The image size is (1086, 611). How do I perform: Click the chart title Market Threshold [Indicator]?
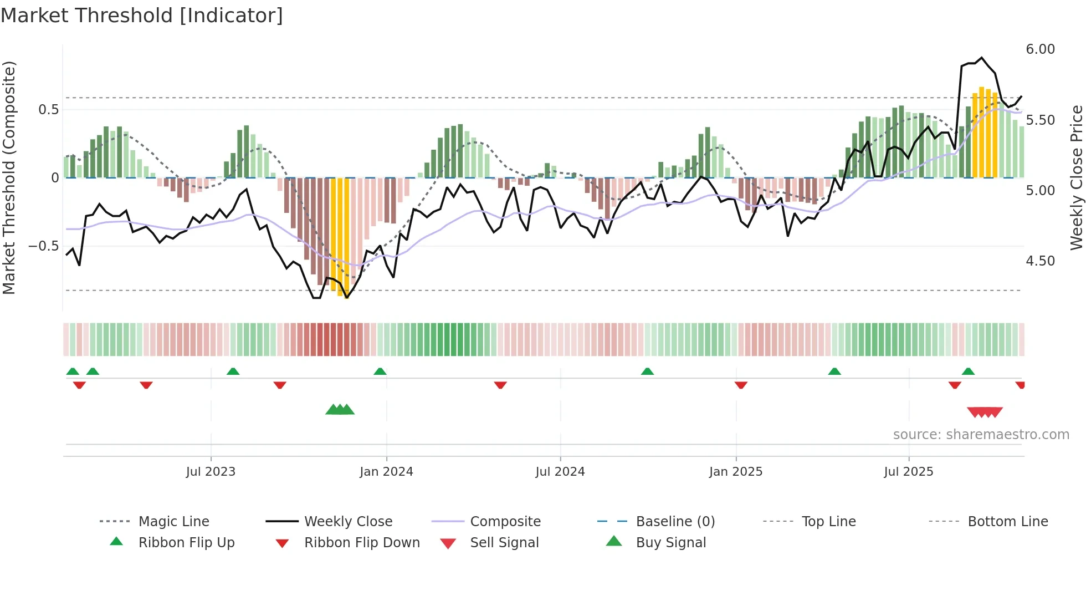tap(142, 16)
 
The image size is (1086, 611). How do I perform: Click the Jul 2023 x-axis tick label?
tap(211, 472)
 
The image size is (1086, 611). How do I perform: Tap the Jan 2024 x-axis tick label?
tap(386, 472)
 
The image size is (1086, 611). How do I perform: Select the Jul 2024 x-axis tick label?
tap(560, 472)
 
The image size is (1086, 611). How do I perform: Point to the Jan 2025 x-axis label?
tap(736, 472)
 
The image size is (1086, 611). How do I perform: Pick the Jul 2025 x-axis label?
tap(909, 472)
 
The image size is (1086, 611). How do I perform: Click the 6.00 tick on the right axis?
tap(1040, 49)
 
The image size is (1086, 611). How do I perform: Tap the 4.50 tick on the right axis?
tap(1040, 261)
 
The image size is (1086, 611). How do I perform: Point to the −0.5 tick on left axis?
tap(44, 246)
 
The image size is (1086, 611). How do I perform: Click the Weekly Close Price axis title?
tap(1076, 177)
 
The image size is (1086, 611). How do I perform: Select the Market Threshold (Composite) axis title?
tap(9, 177)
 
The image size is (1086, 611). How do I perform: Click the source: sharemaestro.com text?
tap(981, 435)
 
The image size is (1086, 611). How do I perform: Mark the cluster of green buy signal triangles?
tap(340, 410)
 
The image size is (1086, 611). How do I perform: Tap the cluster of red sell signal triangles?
tap(985, 412)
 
